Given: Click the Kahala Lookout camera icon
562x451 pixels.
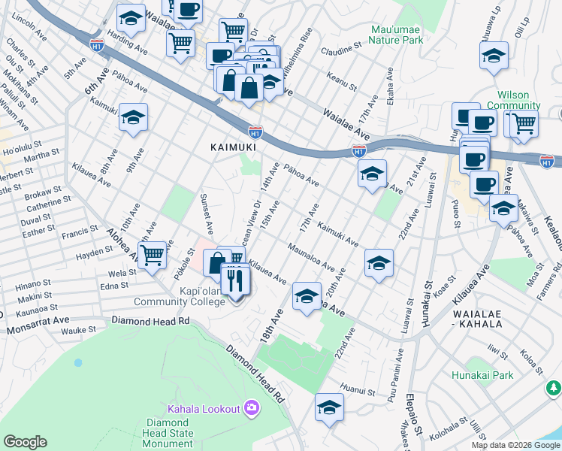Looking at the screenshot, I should tap(251, 408).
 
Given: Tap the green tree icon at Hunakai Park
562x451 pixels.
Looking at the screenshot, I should tap(553, 388).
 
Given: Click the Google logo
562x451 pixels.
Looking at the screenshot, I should tap(25, 442).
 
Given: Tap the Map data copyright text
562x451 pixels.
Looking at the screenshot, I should tap(515, 445).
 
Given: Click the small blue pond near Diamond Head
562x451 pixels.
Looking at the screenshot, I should tap(78, 362).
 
